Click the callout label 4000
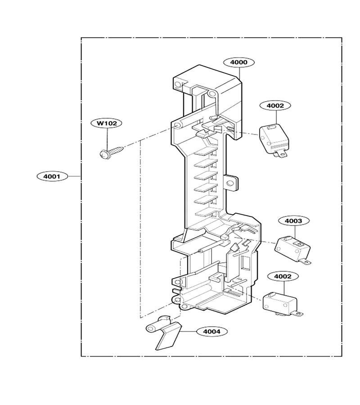point(239,62)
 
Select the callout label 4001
point(52,176)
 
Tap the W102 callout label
point(106,123)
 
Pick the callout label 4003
point(294,221)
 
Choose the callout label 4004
point(212,331)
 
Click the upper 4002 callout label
point(275,105)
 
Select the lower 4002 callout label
point(283,276)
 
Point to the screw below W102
point(112,153)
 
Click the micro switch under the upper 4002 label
point(273,140)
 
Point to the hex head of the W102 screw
point(104,154)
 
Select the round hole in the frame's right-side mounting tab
point(229,184)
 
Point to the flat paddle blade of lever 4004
point(169,336)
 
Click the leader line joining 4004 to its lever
point(189,331)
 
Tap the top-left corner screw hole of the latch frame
point(177,85)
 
